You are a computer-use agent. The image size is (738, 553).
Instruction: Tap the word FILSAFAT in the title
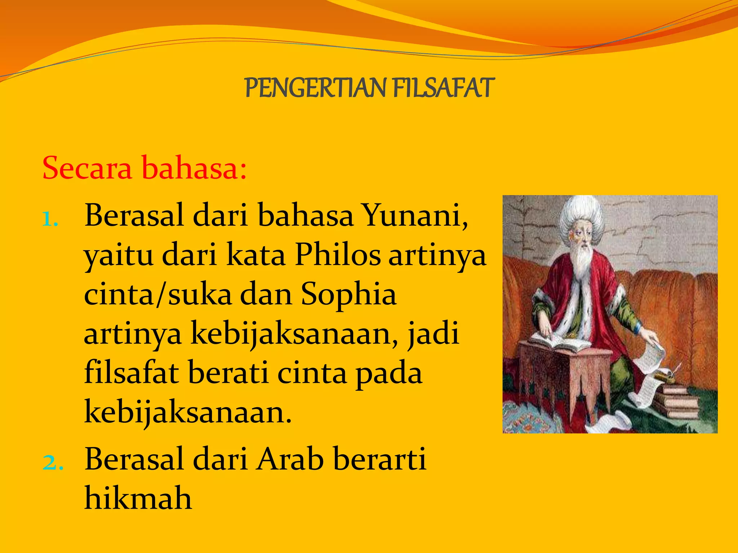(x=443, y=88)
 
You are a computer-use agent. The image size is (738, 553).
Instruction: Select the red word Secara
(x=87, y=168)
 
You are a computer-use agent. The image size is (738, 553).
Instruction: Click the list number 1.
(x=49, y=219)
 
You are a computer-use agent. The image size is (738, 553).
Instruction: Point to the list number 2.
(x=53, y=463)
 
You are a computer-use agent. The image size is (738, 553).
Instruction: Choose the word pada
(x=389, y=373)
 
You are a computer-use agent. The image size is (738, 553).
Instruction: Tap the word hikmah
(x=138, y=499)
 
